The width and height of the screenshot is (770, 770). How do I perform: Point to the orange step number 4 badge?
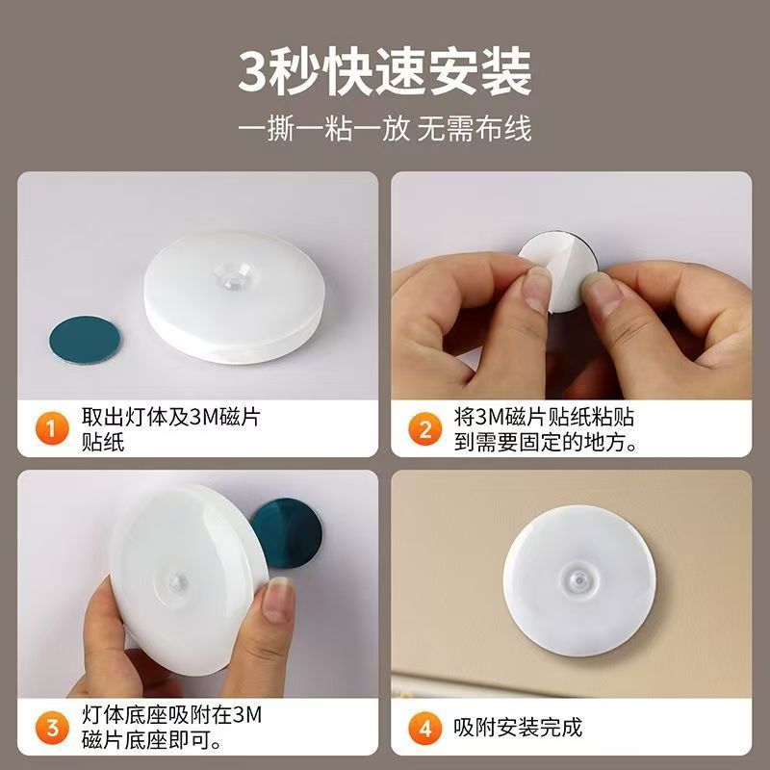point(424,727)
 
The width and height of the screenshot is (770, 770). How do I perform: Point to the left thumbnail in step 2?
point(536,290)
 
